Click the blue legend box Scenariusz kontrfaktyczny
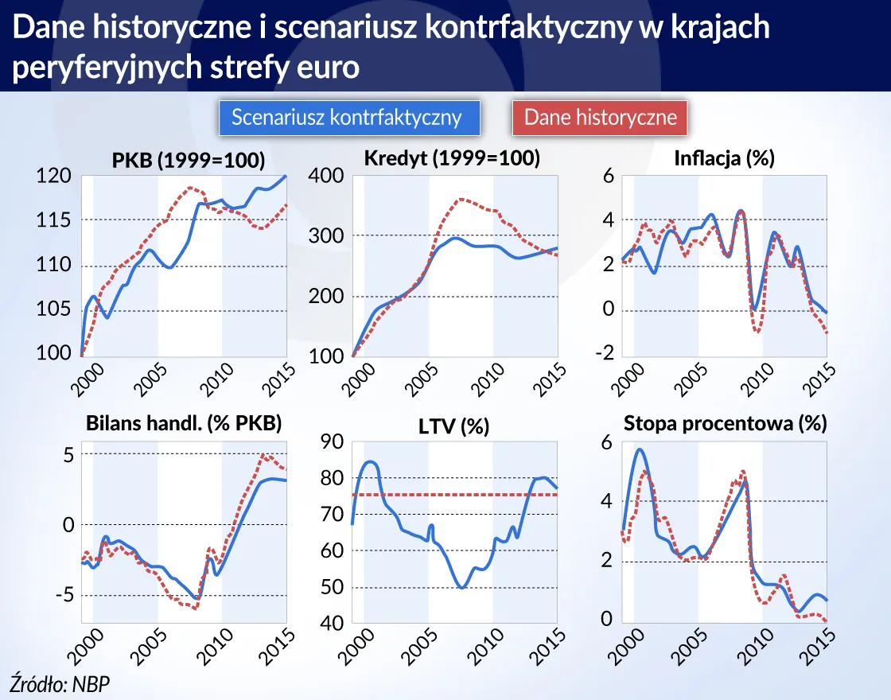coord(347,118)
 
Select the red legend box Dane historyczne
coord(601,118)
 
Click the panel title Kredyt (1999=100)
coord(451,158)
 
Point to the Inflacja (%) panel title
coord(724,158)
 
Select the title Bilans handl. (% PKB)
coord(183,423)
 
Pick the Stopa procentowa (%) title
coord(726,423)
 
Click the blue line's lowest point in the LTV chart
coord(461,588)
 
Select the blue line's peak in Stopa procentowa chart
coord(639,449)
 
